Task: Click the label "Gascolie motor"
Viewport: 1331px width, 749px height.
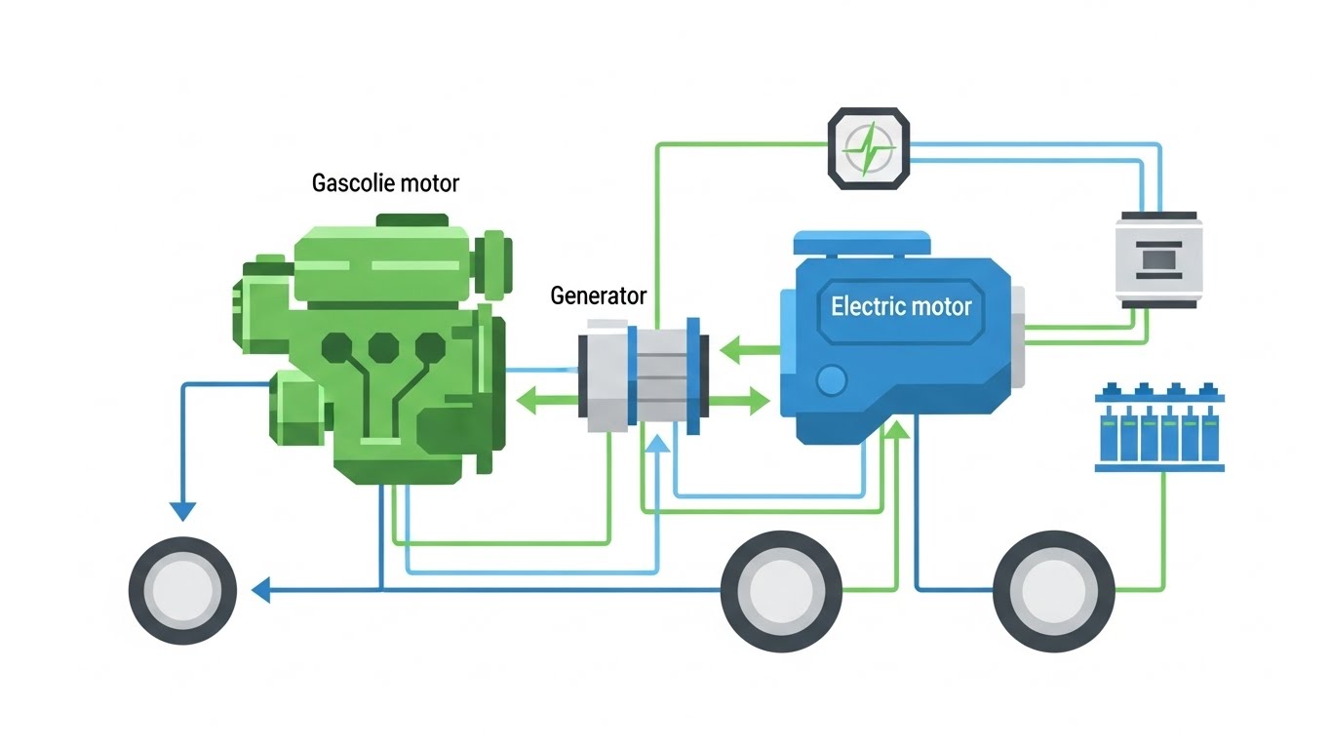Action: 385,182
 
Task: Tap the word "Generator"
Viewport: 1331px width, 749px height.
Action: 598,295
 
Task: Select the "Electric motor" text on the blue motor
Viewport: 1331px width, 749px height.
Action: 901,306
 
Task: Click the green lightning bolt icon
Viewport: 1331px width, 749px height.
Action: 869,149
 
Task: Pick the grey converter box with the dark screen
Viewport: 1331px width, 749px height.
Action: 1157,259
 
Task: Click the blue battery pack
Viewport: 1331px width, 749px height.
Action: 1158,428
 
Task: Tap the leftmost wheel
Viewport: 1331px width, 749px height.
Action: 183,590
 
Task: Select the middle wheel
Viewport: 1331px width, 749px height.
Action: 780,590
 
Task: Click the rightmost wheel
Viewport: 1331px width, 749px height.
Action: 1053,590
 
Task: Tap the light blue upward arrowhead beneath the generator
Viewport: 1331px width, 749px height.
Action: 659,444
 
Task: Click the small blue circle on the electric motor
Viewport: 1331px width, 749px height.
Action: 831,380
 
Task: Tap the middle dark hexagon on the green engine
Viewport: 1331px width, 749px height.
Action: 382,346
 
